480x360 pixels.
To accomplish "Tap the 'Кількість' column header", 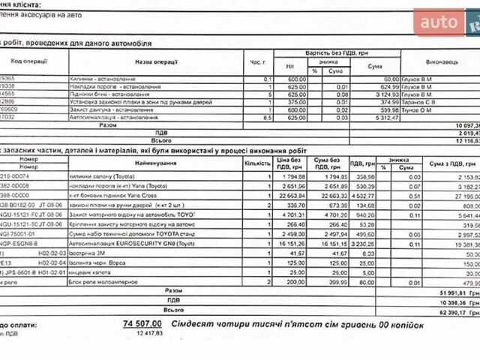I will pyautogui.click(x=256, y=163).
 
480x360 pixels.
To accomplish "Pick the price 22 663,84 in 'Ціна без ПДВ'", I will pyautogui.click(x=291, y=196).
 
